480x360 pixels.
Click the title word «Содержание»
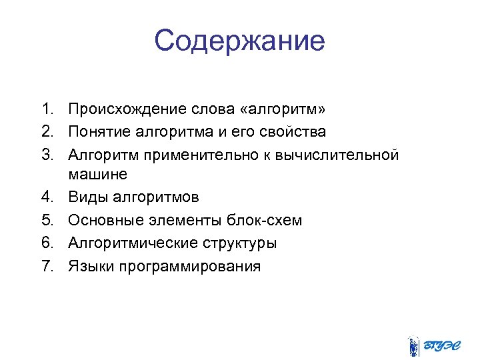[239, 41]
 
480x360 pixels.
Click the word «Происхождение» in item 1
[124, 109]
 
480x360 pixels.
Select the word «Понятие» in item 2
[100, 131]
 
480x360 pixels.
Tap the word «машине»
[97, 174]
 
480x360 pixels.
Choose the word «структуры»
[233, 243]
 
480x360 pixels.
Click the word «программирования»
[189, 267]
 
